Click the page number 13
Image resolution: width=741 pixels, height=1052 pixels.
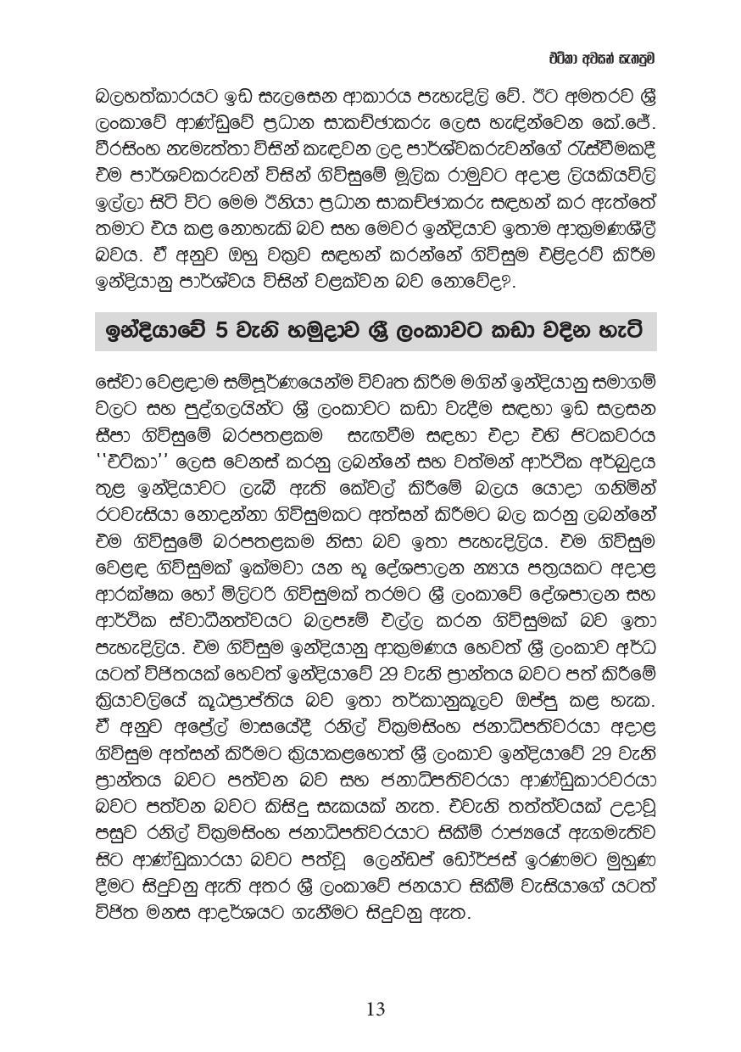coord(376,1009)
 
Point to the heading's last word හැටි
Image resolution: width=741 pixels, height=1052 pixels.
coord(622,331)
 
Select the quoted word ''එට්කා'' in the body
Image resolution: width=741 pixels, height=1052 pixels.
coord(130,464)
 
